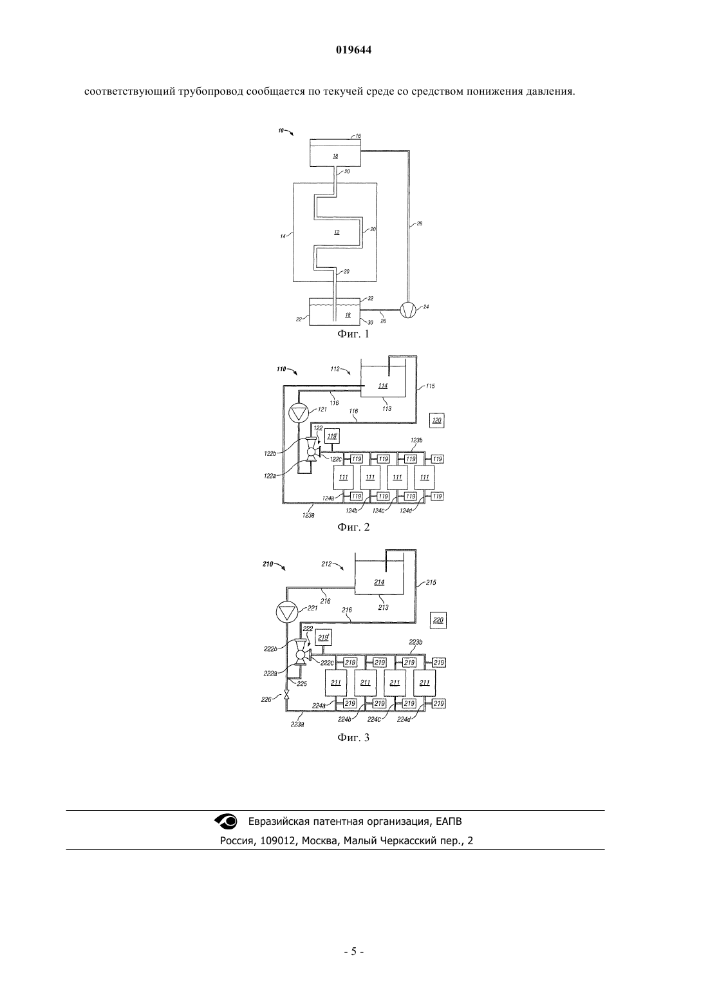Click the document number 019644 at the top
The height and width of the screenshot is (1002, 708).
pyautogui.click(x=353, y=50)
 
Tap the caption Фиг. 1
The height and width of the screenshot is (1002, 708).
pyautogui.click(x=353, y=334)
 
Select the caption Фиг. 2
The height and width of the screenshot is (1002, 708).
pyautogui.click(x=353, y=527)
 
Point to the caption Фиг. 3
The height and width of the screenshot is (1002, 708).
pyautogui.click(x=353, y=737)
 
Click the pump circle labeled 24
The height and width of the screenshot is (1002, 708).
pyautogui.click(x=408, y=310)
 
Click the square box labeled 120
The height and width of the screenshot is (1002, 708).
pyautogui.click(x=436, y=421)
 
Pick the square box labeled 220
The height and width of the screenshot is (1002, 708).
pyautogui.click(x=438, y=620)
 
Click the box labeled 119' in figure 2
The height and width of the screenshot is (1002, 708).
pyautogui.click(x=331, y=436)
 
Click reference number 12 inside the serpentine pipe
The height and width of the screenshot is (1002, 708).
pyautogui.click(x=337, y=232)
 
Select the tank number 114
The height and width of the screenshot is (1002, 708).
pyautogui.click(x=382, y=386)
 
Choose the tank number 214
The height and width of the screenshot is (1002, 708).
pyautogui.click(x=379, y=582)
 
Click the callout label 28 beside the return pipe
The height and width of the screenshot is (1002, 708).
pyautogui.click(x=419, y=223)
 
